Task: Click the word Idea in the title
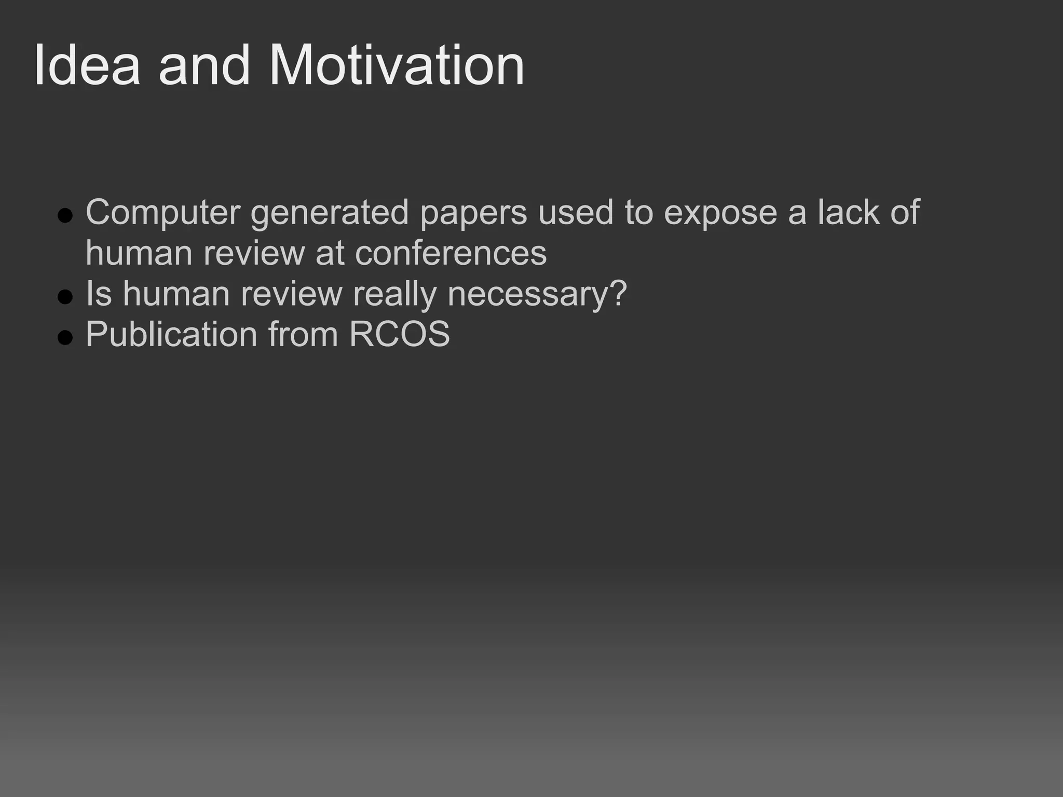87,66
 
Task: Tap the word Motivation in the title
397,66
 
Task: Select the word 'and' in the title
205,66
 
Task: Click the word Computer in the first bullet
163,213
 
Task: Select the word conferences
451,253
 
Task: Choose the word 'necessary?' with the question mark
537,295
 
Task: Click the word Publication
171,335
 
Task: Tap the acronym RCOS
399,334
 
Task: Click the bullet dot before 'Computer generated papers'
65,215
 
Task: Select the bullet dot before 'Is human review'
65,297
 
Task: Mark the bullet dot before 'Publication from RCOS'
65,337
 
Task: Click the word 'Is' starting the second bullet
99,294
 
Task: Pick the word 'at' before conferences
330,253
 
